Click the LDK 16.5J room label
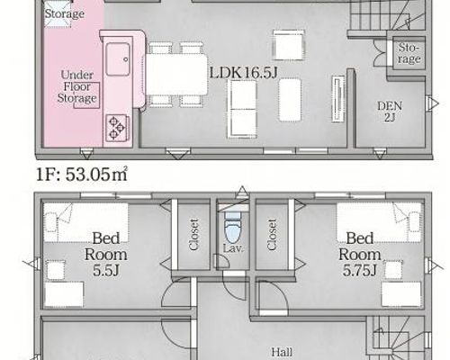tap(243, 73)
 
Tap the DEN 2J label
tap(390, 112)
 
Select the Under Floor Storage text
tap(76, 86)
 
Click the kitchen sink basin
tap(118, 59)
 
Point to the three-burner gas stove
tap(117, 128)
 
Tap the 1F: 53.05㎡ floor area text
tap(82, 175)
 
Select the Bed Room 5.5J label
tap(105, 255)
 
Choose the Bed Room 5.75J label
tap(360, 255)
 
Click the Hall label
tap(282, 352)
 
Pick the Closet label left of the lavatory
tap(194, 234)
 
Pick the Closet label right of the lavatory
tap(272, 234)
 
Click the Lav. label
tap(233, 248)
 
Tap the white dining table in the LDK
tap(176, 75)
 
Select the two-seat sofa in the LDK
tap(242, 109)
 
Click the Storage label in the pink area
tap(64, 13)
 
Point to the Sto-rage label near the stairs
tap(409, 53)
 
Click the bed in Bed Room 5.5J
tap(85, 223)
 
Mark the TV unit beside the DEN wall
tap(338, 99)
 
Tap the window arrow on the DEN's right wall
tap(432, 103)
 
